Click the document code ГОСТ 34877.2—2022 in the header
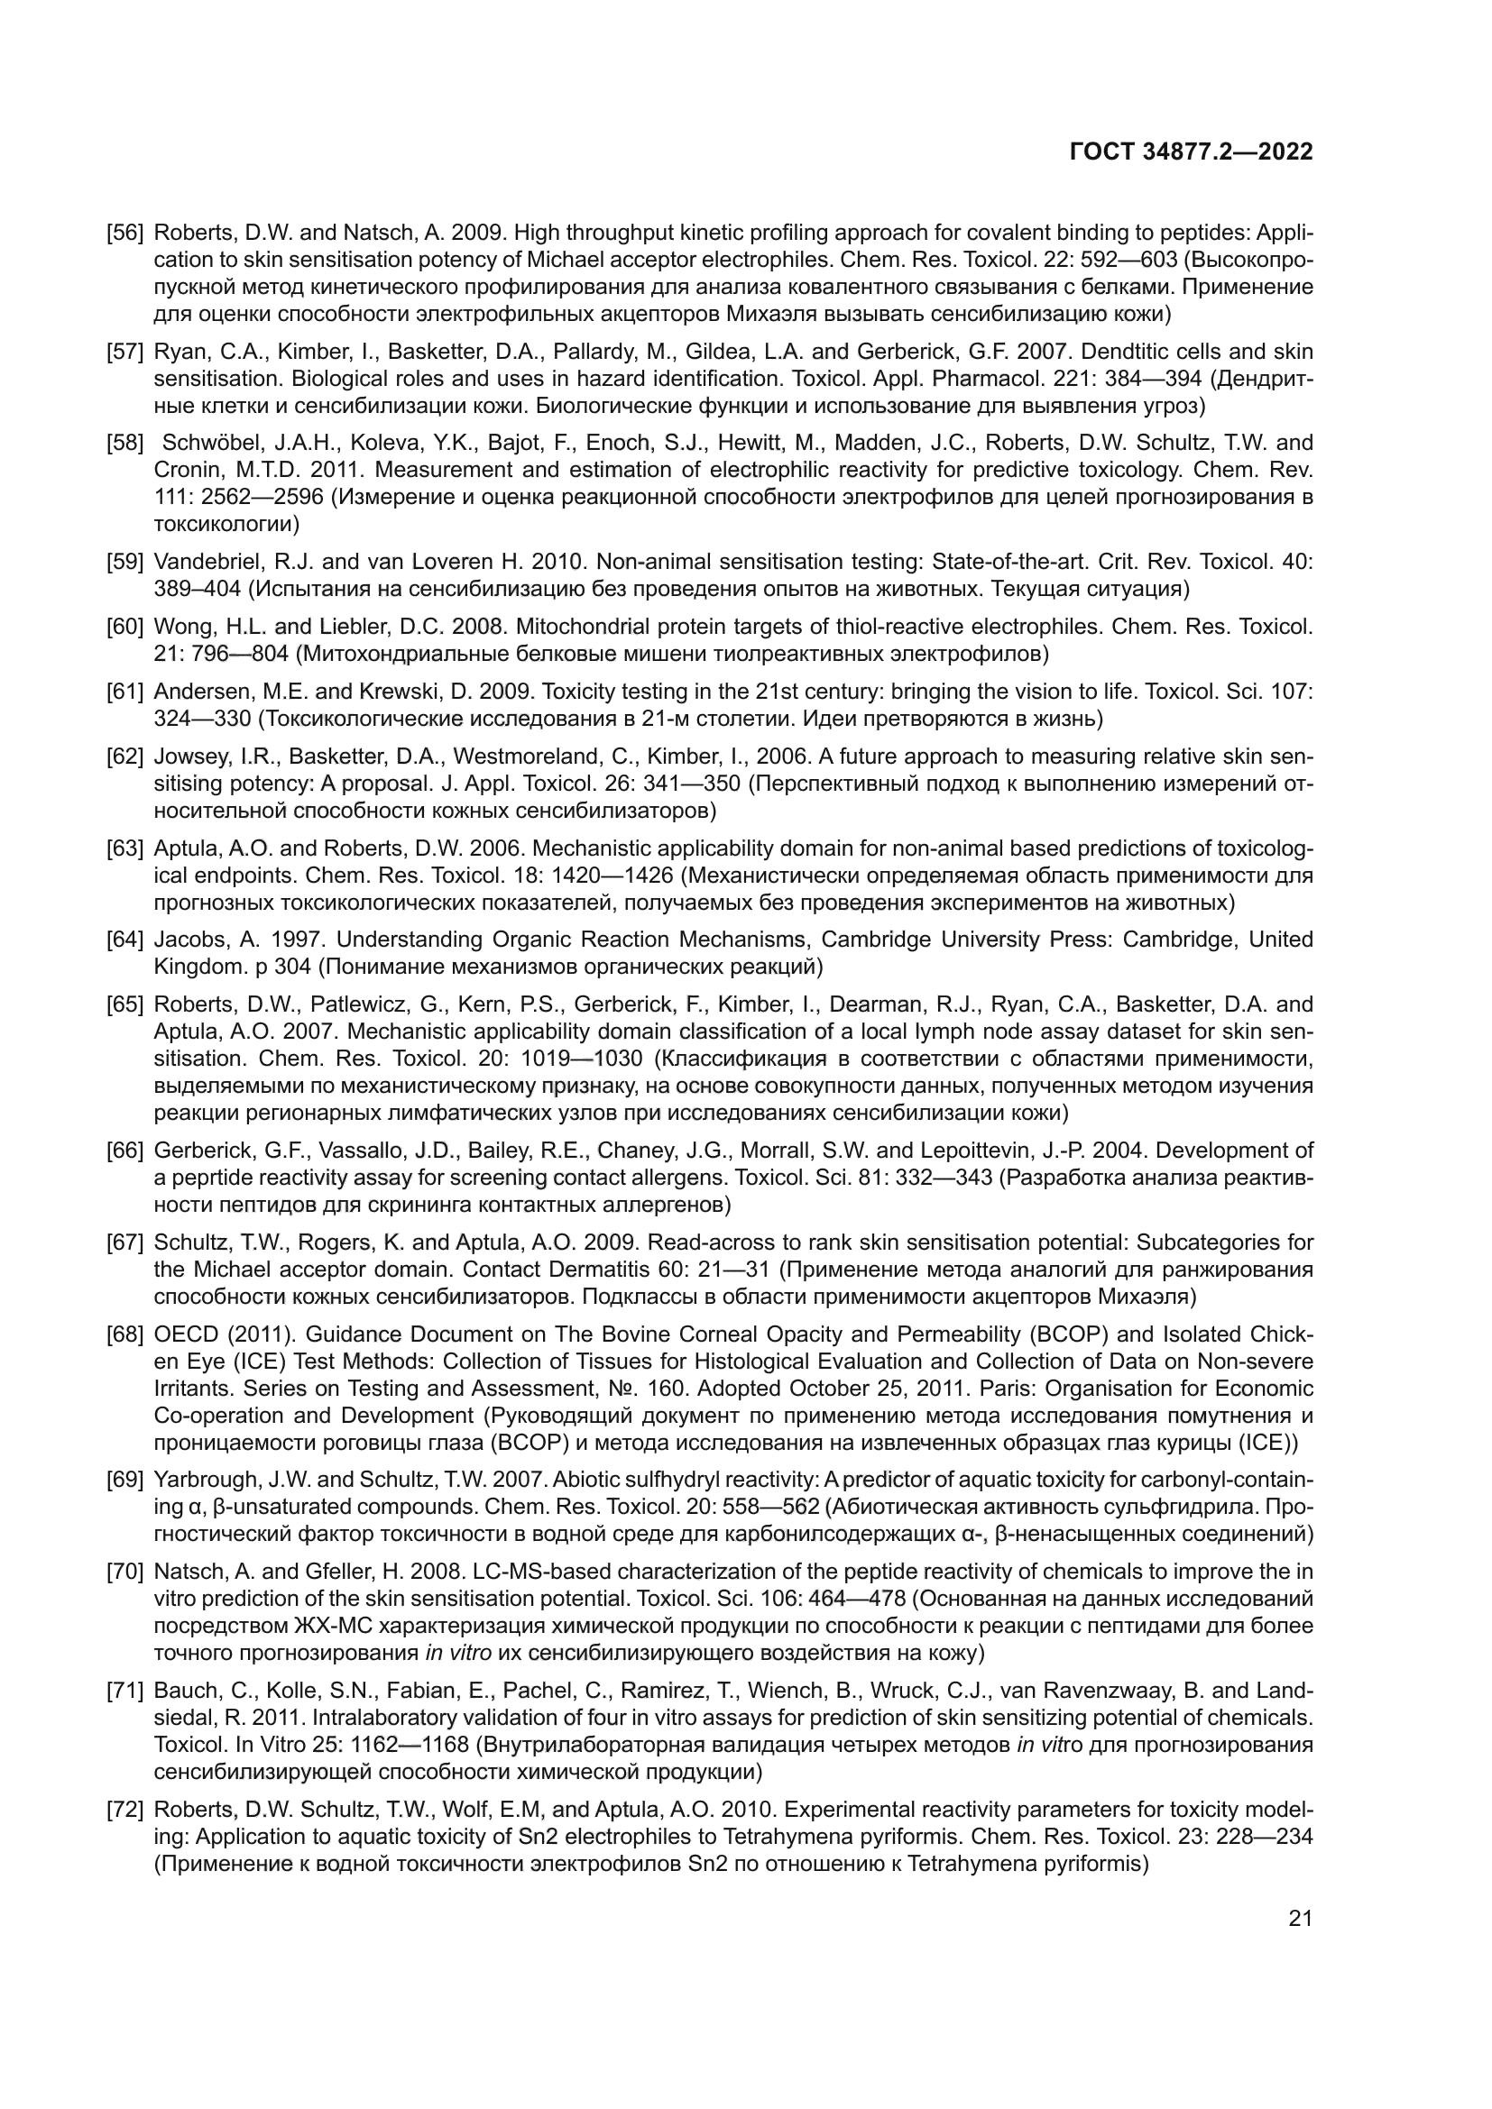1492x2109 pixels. coord(1191,152)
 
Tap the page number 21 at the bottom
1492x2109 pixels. coord(1300,1918)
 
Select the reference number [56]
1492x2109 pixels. coord(125,233)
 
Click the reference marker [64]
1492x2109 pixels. coord(125,940)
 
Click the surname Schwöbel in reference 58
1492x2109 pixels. coord(206,443)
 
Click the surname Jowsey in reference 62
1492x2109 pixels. coord(187,756)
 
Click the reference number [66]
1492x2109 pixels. coord(125,1150)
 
